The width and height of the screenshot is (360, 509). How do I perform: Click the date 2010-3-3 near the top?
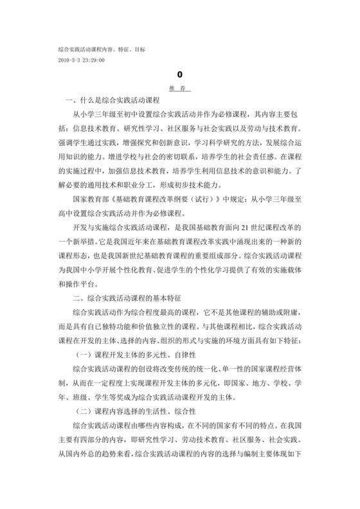(x=69, y=60)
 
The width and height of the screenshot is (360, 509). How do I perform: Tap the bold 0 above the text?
(x=180, y=75)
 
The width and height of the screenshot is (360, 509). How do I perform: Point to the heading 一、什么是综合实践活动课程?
(x=113, y=102)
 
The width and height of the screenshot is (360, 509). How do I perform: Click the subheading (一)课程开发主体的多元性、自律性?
(x=135, y=354)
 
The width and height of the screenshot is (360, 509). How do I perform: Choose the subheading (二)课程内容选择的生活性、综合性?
(x=135, y=411)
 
